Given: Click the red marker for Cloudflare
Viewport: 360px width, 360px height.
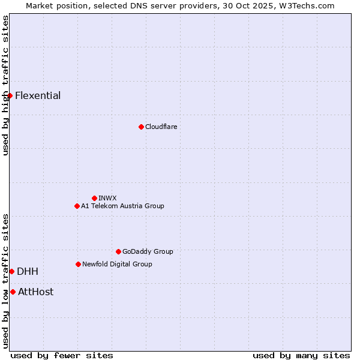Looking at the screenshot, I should click(141, 127).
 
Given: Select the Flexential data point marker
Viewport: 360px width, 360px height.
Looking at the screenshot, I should click(10, 96).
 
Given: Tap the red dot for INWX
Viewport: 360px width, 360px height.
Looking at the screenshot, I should click(94, 198).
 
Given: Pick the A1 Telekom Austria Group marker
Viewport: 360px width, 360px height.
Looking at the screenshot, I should click(77, 206).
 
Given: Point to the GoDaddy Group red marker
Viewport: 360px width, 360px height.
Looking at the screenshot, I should click(118, 251).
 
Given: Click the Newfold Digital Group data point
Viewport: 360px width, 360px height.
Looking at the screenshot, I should click(78, 264).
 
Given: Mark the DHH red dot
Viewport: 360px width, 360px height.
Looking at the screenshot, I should click(11, 272).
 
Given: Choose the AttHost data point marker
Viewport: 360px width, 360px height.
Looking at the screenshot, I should click(13, 292).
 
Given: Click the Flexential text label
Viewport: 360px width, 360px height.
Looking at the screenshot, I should click(38, 96).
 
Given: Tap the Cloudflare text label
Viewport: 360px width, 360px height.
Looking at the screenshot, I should click(161, 127).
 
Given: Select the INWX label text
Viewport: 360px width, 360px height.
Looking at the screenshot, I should click(107, 198).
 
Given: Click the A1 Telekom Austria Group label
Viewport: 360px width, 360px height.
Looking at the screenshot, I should click(122, 206).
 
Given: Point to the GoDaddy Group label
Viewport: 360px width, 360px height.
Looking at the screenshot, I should click(148, 251).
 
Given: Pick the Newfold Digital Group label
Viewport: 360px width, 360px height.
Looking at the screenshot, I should click(117, 264).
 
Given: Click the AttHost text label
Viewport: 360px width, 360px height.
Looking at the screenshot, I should click(35, 292).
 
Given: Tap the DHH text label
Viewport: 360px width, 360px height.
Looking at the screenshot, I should click(28, 272).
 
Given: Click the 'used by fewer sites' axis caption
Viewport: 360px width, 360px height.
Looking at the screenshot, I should click(62, 355).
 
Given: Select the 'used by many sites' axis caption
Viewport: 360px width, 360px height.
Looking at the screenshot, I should click(301, 355).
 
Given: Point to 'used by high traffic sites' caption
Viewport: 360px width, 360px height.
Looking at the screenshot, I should click(5, 85).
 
